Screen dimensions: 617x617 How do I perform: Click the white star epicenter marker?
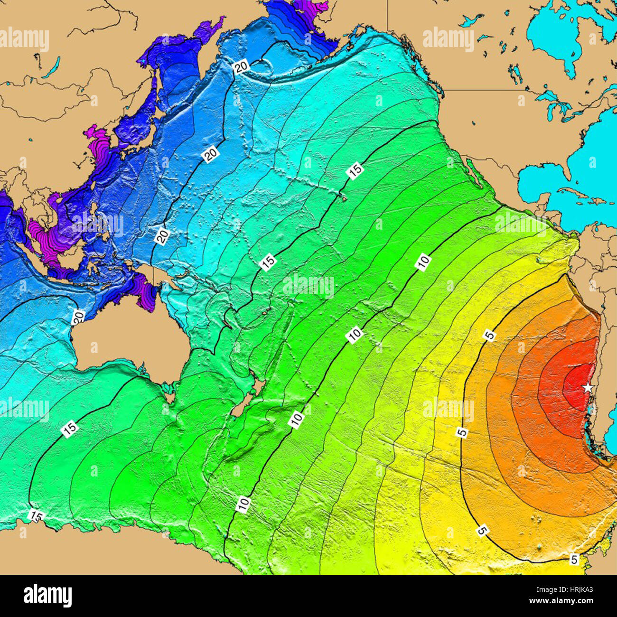588,387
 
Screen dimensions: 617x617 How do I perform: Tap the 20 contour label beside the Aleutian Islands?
242,67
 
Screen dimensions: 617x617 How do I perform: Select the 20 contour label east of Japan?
210,154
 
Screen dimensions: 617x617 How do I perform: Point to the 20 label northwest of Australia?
79,316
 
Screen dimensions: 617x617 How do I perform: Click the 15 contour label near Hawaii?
355,170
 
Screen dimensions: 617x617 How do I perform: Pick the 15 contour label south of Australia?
70,429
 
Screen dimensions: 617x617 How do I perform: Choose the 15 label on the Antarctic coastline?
35,515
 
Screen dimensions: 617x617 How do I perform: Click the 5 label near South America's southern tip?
574,560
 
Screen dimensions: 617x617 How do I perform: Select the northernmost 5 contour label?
489,335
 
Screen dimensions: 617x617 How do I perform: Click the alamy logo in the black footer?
47,595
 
